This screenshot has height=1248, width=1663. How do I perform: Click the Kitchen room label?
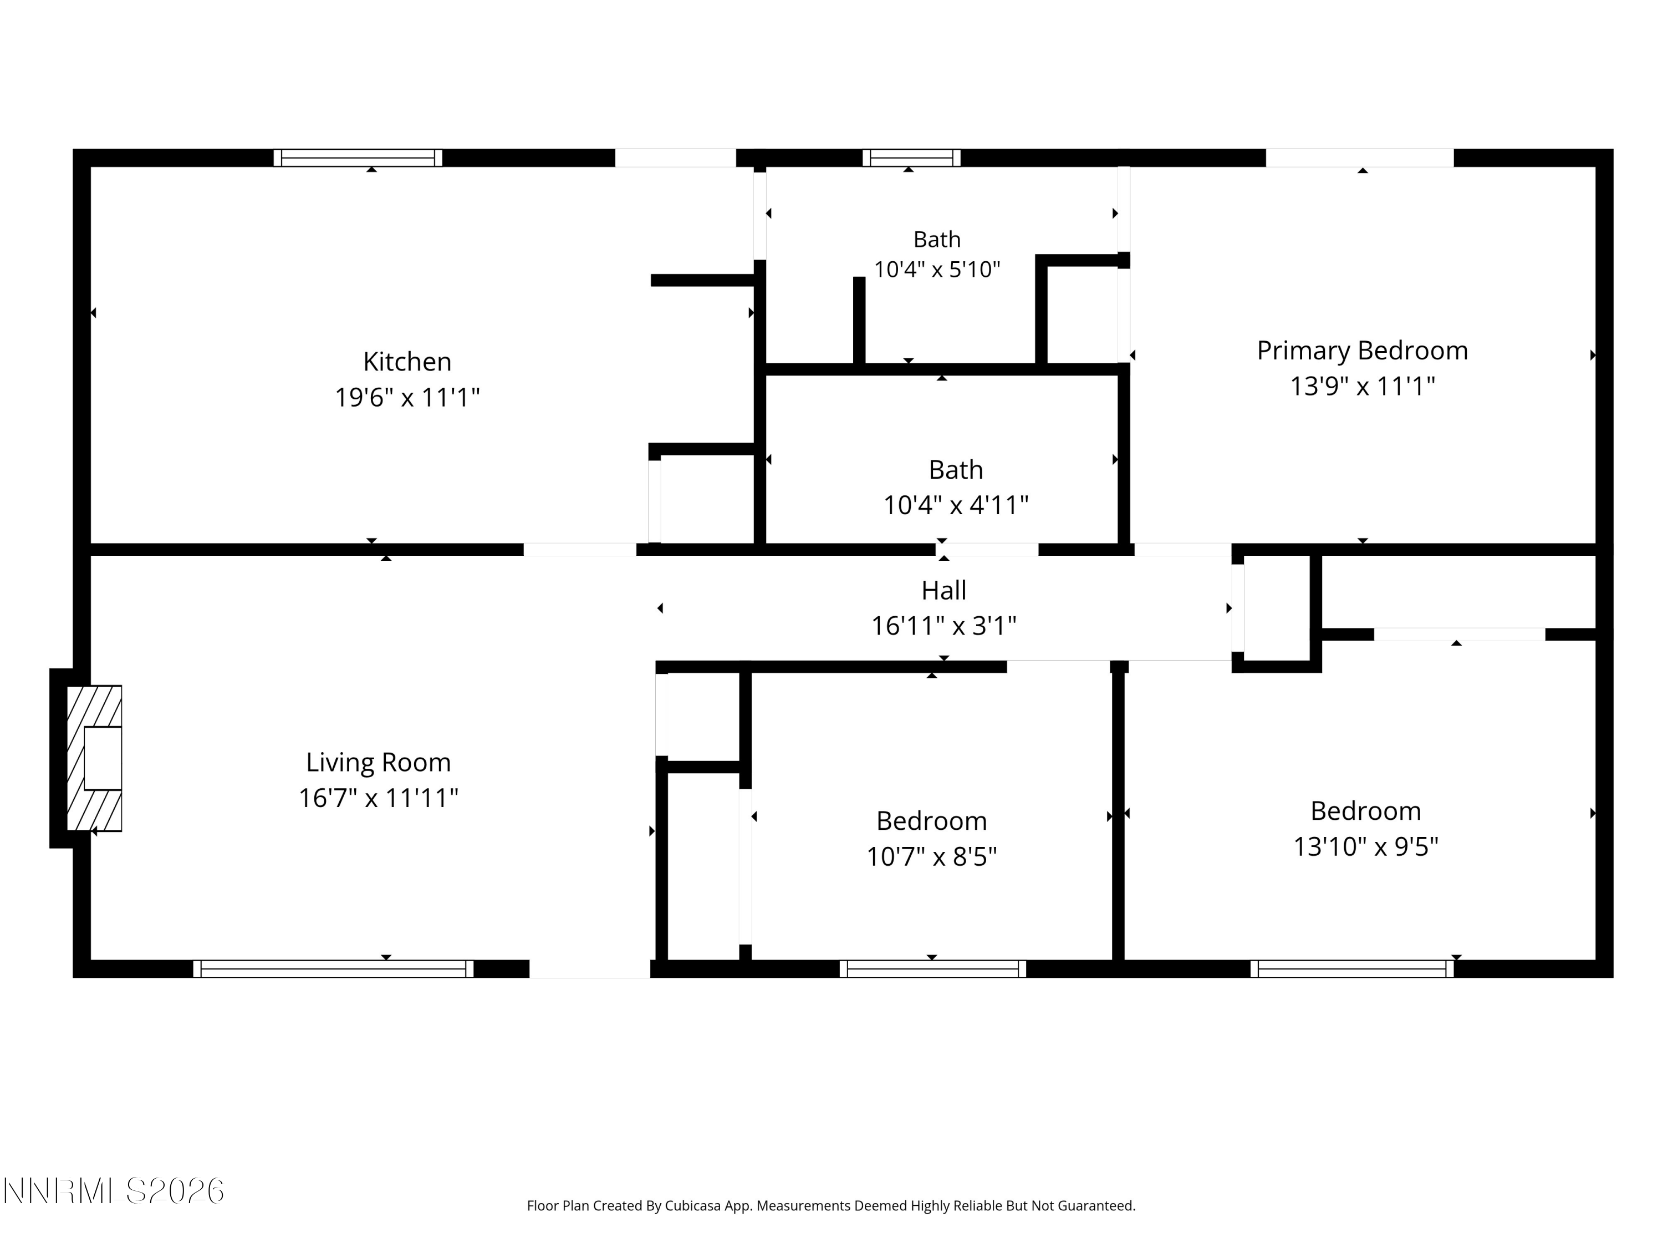pyautogui.click(x=407, y=362)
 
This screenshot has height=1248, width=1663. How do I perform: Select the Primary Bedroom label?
pyautogui.click(x=1363, y=351)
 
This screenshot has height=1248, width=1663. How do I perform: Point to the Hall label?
pyautogui.click(x=943, y=591)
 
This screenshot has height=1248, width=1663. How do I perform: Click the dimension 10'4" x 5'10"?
pyautogui.click(x=937, y=270)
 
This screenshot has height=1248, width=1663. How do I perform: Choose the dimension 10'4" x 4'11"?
pyautogui.click(x=956, y=505)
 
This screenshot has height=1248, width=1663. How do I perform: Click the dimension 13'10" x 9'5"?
pyautogui.click(x=1365, y=847)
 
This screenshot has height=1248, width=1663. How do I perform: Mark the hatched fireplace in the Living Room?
pyautogui.click(x=95, y=758)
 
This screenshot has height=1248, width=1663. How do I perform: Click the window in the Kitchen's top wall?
pyautogui.click(x=358, y=158)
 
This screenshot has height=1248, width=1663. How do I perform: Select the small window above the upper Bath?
pyautogui.click(x=911, y=158)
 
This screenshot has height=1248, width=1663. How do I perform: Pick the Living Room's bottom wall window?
pyautogui.click(x=333, y=969)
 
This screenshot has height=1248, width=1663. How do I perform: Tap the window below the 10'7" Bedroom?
pyautogui.click(x=932, y=969)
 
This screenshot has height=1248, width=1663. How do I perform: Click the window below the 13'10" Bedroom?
pyautogui.click(x=1352, y=969)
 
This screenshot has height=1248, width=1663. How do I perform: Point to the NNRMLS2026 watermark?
pyautogui.click(x=114, y=1191)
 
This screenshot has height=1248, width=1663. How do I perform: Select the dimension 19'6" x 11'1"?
pyautogui.click(x=407, y=397)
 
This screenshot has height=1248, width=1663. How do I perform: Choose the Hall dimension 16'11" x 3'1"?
pyautogui.click(x=943, y=626)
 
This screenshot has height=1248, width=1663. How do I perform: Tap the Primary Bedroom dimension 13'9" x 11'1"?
pyautogui.click(x=1363, y=387)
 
